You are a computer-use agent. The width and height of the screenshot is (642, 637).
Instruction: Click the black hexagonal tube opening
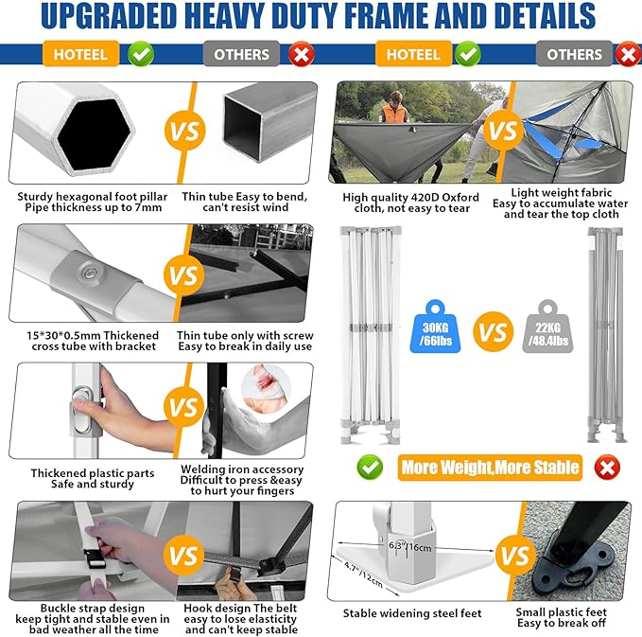point(95,134)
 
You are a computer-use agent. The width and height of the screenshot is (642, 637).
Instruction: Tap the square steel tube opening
point(242,124)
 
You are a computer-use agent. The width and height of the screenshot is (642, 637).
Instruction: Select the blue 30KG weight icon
point(435,327)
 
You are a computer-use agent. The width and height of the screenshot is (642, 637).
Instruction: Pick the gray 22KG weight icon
point(547,327)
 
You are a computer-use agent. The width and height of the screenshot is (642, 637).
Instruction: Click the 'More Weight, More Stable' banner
point(490,468)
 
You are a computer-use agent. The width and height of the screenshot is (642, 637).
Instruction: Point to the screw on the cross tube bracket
point(88,272)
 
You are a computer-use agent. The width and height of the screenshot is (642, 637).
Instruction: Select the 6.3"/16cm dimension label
point(409,547)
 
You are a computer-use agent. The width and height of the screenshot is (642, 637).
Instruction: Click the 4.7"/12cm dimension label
point(363,575)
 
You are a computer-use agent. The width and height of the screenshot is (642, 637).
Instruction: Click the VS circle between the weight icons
point(493,331)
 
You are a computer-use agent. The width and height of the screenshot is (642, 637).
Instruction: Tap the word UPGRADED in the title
point(108,16)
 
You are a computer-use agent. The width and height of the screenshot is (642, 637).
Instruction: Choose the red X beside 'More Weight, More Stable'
point(607,468)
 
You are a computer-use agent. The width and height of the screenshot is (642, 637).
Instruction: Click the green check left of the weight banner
point(370,467)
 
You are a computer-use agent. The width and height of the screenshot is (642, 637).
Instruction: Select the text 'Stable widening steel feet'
point(412,613)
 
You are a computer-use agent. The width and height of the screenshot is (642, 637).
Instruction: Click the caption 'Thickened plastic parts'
point(93,473)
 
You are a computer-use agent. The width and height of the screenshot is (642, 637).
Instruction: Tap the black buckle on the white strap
point(95,559)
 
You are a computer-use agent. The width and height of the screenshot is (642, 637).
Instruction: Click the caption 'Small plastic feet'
point(561,612)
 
